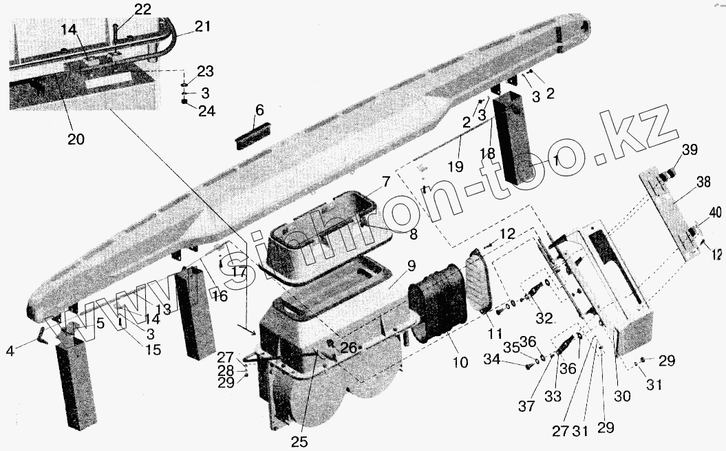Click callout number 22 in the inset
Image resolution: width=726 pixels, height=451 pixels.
(142, 9)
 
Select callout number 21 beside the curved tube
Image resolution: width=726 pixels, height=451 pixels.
(202, 26)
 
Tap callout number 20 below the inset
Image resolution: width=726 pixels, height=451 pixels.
(76, 138)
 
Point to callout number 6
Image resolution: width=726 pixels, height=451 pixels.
(259, 110)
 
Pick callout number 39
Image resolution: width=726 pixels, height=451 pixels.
(689, 151)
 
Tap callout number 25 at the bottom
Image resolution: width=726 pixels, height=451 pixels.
(299, 441)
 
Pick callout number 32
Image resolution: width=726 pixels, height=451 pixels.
(544, 318)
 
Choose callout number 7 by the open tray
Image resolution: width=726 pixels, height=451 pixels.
(386, 182)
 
